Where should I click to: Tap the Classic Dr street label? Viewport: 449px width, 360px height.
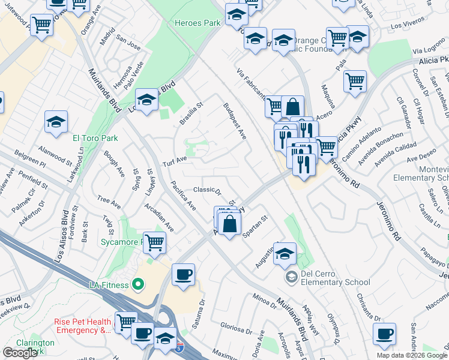pyautogui.click(x=207, y=191)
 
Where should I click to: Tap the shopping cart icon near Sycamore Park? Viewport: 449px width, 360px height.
pyautogui.click(x=155, y=242)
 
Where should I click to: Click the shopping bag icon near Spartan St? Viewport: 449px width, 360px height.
pyautogui.click(x=230, y=225)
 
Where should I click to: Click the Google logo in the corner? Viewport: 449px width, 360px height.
pyautogui.click(x=20, y=353)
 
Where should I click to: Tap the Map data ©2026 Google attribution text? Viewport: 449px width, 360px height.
pyautogui.click(x=412, y=355)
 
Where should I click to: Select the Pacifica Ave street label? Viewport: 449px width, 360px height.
pyautogui.click(x=183, y=195)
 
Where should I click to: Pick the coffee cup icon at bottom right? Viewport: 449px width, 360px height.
pyautogui.click(x=384, y=335)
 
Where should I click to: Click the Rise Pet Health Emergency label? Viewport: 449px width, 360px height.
pyautogui.click(x=83, y=326)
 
